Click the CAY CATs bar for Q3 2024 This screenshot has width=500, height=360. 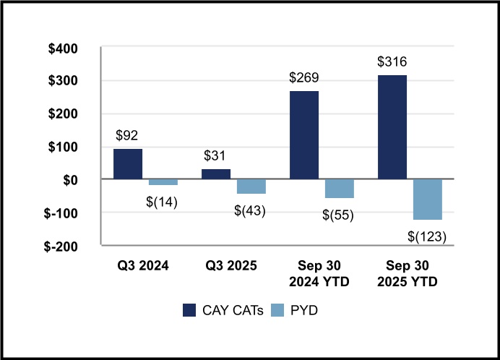point(128,164)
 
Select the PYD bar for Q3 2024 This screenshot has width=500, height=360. point(163,182)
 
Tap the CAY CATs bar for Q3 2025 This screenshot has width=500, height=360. point(216,174)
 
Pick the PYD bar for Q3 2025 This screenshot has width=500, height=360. point(251,187)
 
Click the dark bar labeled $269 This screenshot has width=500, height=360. point(304,135)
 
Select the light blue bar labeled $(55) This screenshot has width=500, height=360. point(340,189)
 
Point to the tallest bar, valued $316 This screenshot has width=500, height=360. point(392,127)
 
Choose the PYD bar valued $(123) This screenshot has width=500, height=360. point(428,200)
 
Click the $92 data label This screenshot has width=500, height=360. point(128,135)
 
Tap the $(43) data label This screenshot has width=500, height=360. point(251,210)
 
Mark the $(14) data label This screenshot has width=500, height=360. point(163,200)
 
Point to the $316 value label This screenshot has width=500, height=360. point(392,61)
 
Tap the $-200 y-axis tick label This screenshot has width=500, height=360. point(72,246)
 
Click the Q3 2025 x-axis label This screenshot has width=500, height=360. point(233,265)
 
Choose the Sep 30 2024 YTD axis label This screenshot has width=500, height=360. point(322,273)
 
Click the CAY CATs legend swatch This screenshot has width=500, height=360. point(189,310)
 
